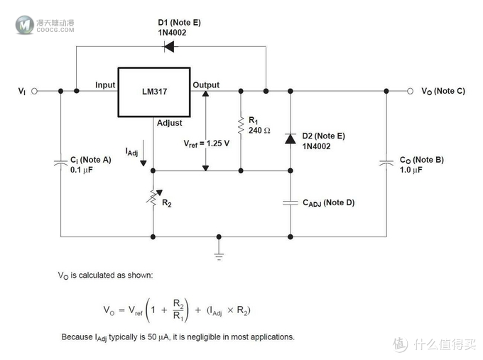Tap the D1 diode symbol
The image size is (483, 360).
click(x=169, y=47)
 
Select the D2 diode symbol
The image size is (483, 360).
click(x=291, y=138)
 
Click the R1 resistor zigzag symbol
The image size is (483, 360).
click(x=241, y=126)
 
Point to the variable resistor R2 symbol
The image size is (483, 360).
click(x=153, y=197)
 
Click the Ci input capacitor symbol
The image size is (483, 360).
click(x=60, y=163)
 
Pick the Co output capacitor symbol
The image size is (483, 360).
click(x=386, y=163)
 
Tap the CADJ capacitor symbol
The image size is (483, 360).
click(x=291, y=202)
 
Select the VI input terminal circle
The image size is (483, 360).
click(x=35, y=91)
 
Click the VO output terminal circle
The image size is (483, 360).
click(x=410, y=91)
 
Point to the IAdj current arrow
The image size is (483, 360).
click(x=143, y=153)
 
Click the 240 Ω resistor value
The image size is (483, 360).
click(x=259, y=131)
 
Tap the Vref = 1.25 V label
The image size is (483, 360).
click(x=207, y=144)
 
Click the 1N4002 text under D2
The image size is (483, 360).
click(x=316, y=146)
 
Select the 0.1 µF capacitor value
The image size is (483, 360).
click(x=81, y=170)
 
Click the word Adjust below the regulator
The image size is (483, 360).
click(x=170, y=123)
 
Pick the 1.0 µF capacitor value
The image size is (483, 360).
click(x=411, y=170)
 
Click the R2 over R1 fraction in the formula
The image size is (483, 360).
click(x=179, y=310)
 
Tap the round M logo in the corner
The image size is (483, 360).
click(x=25, y=25)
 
